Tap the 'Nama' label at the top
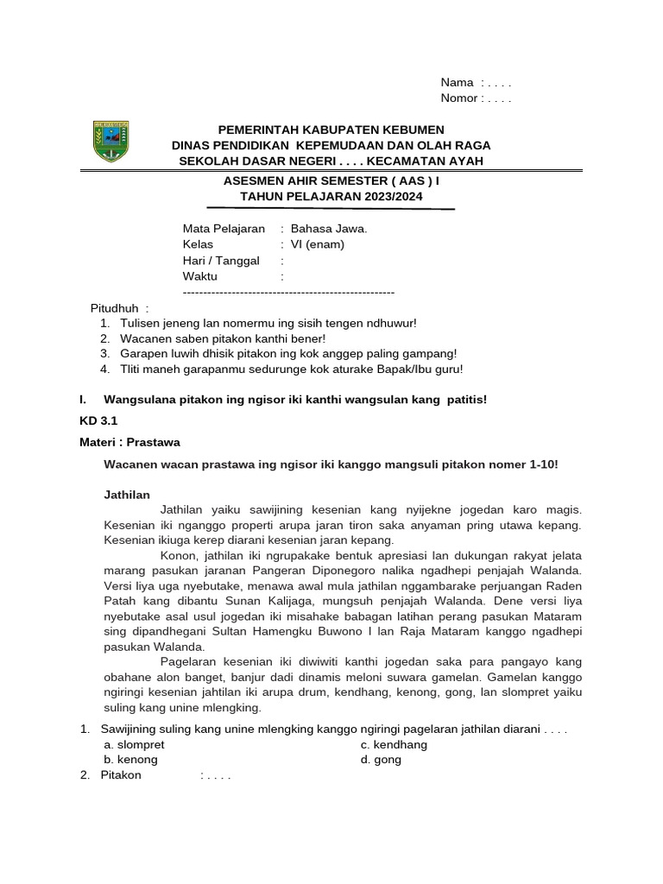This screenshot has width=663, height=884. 457,83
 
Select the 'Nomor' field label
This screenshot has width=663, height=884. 459,98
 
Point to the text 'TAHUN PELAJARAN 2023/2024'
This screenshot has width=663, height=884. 331,197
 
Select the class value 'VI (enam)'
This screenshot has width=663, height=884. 318,244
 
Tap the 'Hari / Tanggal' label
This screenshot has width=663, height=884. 221,261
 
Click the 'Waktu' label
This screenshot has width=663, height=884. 200,276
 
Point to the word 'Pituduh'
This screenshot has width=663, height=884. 115,308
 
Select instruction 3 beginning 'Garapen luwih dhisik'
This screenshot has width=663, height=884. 288,353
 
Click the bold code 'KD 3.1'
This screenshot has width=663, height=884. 97,420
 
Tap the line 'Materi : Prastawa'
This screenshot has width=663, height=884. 129,442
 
